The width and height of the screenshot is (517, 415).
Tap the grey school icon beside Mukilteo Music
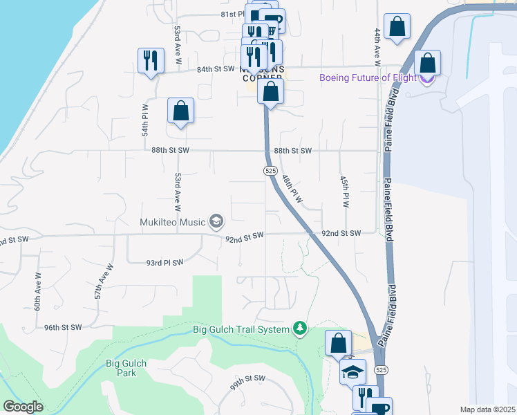pos(216,221)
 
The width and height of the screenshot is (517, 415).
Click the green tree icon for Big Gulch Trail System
pos(300,328)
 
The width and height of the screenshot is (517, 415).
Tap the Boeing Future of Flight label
pos(368,77)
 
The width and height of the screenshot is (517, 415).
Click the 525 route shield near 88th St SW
pos(271,170)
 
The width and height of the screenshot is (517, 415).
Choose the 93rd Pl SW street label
pos(164,263)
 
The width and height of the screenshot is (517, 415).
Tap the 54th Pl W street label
pos(146,120)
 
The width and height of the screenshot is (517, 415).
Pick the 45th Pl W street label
pos(344,192)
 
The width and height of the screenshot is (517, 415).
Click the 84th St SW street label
pos(216,69)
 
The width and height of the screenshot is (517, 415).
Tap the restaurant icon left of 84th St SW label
pos(150,60)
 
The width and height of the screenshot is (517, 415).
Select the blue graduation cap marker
pos(352,372)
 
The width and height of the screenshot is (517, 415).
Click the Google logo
pos(23,407)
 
